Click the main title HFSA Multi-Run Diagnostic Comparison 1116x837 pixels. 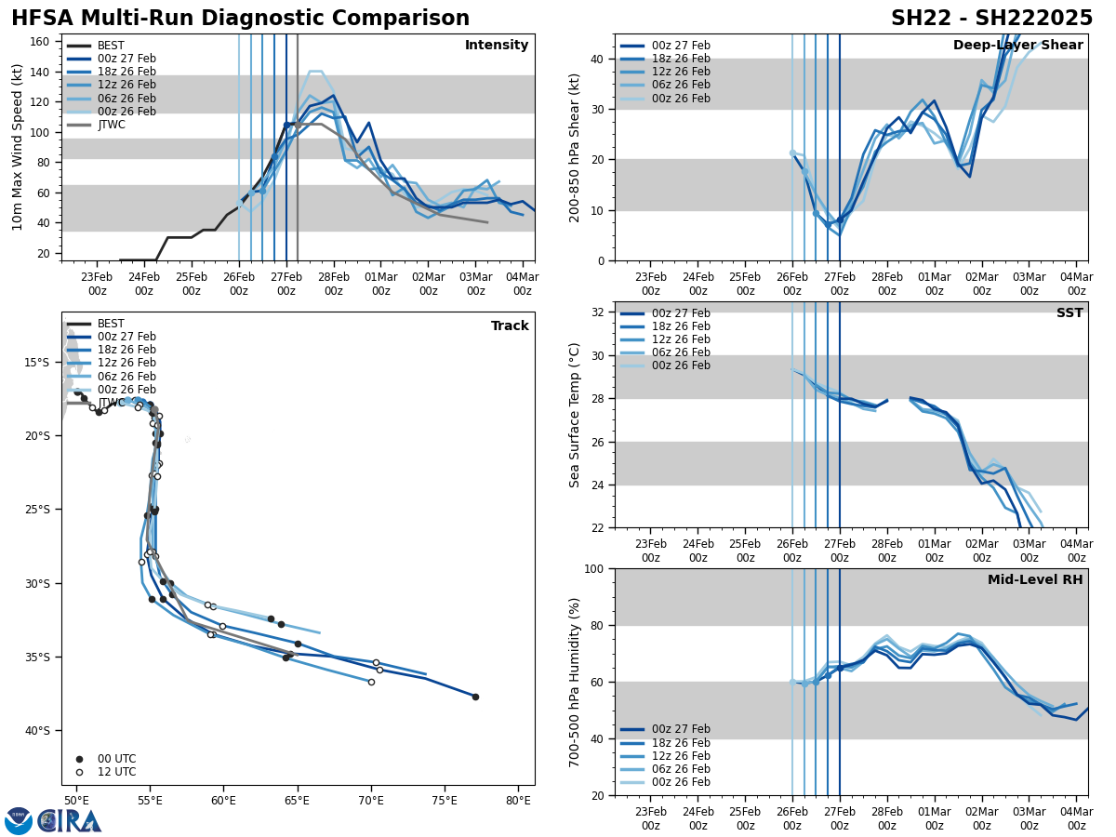click(x=240, y=19)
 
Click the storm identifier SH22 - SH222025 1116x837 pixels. click(x=991, y=19)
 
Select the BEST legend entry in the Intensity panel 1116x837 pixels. click(x=110, y=46)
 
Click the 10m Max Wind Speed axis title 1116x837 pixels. click(x=18, y=147)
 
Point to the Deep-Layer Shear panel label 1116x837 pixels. click(x=1017, y=46)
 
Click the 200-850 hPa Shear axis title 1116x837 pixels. click(x=575, y=147)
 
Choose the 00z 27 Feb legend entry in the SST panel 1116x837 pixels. click(x=665, y=313)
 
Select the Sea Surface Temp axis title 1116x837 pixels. click(x=575, y=415)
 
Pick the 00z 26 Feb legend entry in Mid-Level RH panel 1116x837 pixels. click(x=665, y=782)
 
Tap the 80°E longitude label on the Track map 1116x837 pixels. click(x=518, y=800)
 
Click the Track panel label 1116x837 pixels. click(x=510, y=326)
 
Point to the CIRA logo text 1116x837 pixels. click(x=70, y=820)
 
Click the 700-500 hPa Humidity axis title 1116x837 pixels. click(x=575, y=682)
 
